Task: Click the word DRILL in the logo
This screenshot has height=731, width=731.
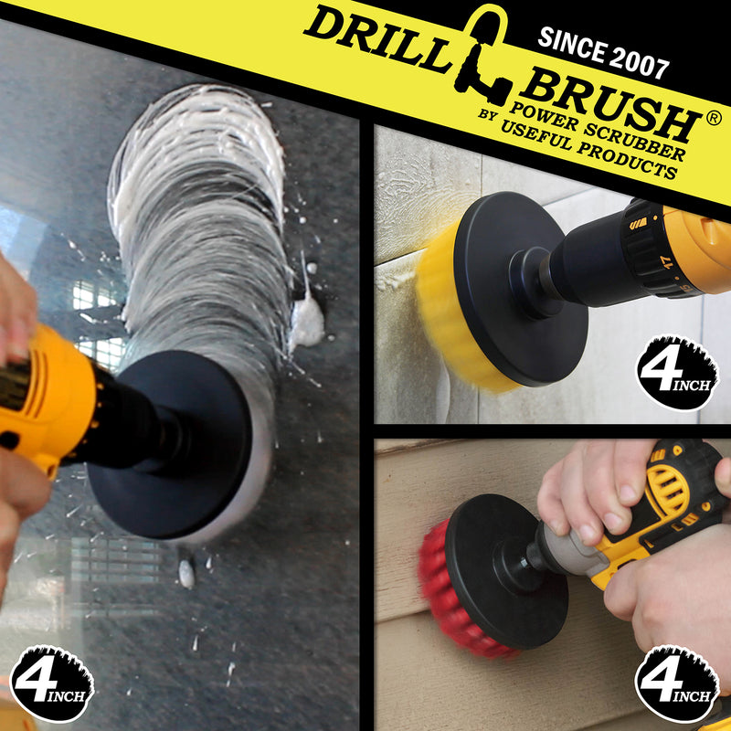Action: (378, 38)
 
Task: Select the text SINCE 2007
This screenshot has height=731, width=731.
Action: (603, 52)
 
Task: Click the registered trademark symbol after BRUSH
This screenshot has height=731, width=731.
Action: (714, 119)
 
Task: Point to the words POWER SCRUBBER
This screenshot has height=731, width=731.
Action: (598, 132)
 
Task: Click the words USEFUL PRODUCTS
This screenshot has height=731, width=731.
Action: (588, 150)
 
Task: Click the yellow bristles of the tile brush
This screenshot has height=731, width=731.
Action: (448, 313)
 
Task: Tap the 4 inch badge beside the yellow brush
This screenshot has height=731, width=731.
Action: (677, 373)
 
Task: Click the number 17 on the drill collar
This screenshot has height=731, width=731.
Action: (669, 261)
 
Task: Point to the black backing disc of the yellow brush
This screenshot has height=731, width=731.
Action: (517, 290)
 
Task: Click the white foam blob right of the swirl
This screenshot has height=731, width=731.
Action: (306, 322)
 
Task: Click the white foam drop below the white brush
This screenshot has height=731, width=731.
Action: (186, 574)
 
